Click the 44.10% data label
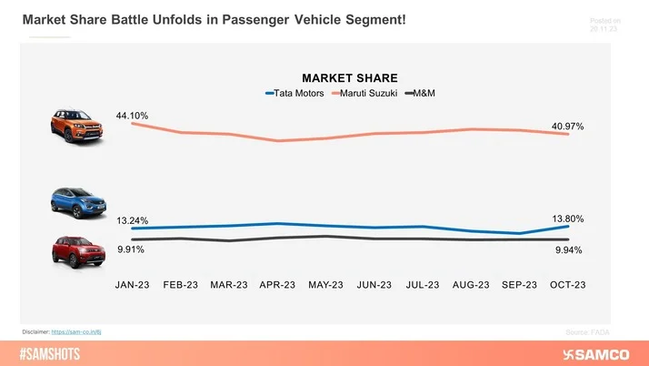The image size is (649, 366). point(132,116)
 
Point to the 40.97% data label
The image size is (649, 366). point(567,126)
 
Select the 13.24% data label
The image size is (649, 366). point(132,219)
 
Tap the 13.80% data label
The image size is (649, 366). point(567,219)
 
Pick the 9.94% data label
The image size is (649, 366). point(567,249)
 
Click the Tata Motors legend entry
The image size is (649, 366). point(294,93)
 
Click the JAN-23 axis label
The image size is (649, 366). point(132,285)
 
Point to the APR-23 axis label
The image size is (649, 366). point(277,285)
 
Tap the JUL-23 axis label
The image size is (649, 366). point(423,285)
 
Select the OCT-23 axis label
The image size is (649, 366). point(567,285)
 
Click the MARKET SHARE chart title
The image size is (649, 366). point(350,77)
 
